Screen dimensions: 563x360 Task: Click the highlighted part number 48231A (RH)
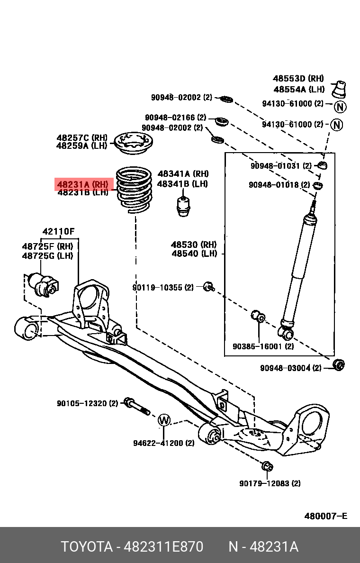point(83,184)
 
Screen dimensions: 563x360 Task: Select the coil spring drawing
point(134,190)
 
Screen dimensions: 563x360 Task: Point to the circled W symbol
point(163,419)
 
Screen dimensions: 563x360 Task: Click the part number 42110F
point(59,232)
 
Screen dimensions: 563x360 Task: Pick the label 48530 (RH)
point(194,245)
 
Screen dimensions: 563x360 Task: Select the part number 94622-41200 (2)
point(163,443)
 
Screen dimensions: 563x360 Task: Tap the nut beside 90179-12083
point(267,466)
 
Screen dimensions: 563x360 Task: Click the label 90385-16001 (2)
point(263,346)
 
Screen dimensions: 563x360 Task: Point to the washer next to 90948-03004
point(339,365)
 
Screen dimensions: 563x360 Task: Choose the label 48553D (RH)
point(298,79)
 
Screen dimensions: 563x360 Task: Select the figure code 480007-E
point(325,516)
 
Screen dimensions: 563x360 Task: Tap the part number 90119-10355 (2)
point(163,287)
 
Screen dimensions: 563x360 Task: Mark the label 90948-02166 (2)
point(176,117)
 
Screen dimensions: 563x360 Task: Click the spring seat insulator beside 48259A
point(133,143)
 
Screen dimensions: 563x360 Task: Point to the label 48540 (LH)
point(194,254)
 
